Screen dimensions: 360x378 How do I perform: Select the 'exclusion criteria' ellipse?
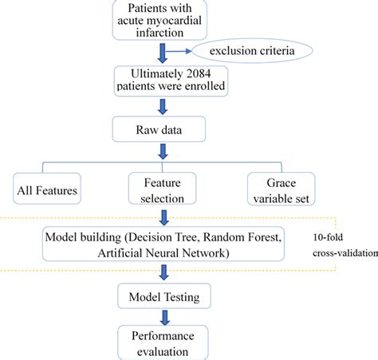tap(250, 53)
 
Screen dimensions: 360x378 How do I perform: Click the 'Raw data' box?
tap(163, 127)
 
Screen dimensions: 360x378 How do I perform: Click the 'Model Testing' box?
tap(163, 297)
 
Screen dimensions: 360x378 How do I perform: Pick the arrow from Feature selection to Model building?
tap(163, 217)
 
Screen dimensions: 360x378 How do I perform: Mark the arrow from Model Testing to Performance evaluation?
tap(163, 315)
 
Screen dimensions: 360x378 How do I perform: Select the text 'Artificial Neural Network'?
tap(163, 253)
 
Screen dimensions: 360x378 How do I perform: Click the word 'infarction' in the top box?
tap(163, 33)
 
